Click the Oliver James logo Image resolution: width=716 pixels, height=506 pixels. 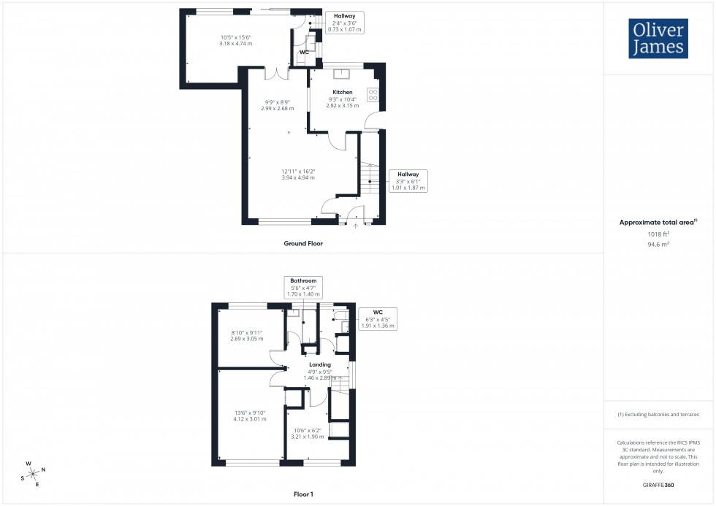tap(658, 39)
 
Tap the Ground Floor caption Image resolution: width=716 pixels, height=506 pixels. tap(303, 243)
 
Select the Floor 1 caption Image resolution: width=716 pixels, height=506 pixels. tap(303, 494)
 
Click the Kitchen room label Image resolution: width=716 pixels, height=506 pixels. tap(343, 91)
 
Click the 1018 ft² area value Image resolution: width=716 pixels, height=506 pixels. tap(658, 234)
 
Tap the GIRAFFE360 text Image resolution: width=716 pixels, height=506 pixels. tap(658, 484)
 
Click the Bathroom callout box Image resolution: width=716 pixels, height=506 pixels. tap(303, 287)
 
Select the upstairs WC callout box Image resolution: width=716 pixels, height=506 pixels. tap(378, 319)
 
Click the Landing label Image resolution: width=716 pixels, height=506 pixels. tap(320, 364)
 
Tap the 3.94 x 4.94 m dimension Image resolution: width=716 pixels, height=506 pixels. tap(298, 177)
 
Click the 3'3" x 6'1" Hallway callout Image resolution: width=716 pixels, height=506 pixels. tap(408, 180)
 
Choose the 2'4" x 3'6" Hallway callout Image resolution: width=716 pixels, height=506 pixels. tap(345, 22)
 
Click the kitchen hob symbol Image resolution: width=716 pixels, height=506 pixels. tap(373, 94)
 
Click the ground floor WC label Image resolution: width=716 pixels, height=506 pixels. tap(304, 52)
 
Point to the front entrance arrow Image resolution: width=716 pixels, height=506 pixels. tap(357, 226)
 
